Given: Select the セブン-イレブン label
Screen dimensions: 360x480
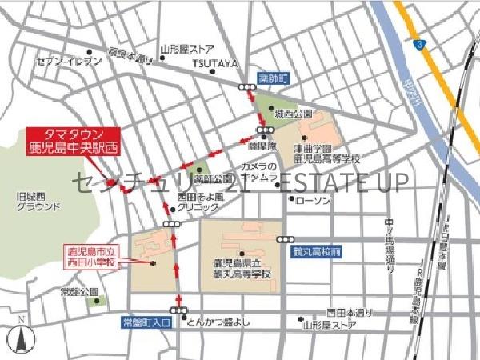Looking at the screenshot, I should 69,62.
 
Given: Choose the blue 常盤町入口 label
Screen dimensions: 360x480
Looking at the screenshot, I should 146,323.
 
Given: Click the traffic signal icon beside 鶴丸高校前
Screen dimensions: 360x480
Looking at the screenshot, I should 284,239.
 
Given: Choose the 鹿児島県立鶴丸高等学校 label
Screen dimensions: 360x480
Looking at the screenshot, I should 241,269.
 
